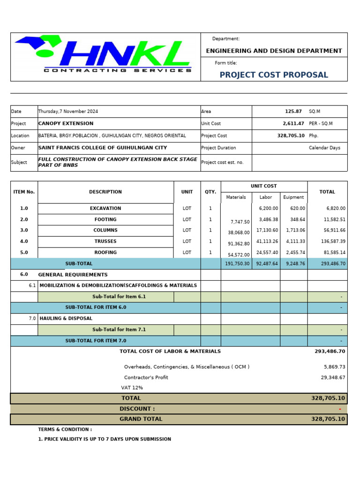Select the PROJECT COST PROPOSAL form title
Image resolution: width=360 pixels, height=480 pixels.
point(274,75)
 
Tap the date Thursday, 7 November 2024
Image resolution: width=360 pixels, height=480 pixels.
point(68,112)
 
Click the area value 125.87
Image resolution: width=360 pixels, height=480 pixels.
point(293,112)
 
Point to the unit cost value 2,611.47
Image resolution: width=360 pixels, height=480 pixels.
point(293,123)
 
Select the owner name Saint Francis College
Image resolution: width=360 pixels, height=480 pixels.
point(102,148)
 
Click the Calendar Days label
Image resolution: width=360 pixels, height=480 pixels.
point(325,148)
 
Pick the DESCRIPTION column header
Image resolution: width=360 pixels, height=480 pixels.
point(105,192)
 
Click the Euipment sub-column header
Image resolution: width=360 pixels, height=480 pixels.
point(293,197)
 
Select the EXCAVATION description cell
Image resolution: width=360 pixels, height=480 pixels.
point(105,209)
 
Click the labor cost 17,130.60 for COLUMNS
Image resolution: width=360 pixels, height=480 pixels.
point(267,230)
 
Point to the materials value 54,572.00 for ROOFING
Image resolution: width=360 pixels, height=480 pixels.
point(239,255)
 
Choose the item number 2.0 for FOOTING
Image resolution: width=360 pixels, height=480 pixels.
point(24,219)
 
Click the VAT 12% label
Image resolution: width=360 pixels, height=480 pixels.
point(132,388)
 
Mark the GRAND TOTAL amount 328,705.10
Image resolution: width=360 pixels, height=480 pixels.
point(328,419)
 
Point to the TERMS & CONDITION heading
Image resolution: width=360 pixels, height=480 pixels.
point(65,429)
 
